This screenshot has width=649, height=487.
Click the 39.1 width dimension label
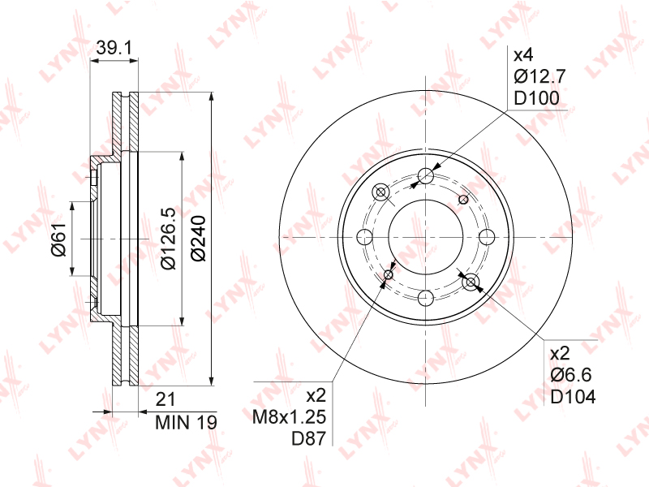click(114, 48)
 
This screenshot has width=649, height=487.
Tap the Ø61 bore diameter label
click(58, 239)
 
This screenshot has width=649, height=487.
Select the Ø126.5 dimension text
click(169, 239)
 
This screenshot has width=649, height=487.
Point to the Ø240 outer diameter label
click(199, 238)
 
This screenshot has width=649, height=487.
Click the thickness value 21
click(165, 399)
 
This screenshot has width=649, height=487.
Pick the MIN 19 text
click(186, 422)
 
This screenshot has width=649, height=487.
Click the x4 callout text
click(523, 55)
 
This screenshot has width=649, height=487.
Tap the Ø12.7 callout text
click(539, 76)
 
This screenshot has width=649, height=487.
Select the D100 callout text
click(536, 98)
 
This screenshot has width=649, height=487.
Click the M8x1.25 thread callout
click(290, 417)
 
